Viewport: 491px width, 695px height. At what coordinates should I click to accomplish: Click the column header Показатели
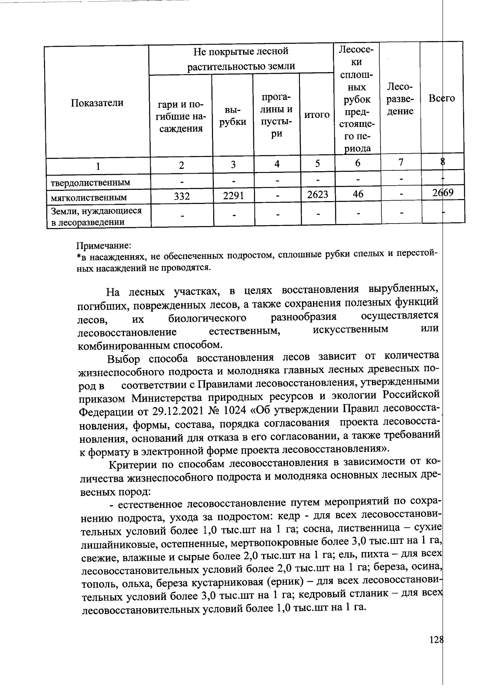97,102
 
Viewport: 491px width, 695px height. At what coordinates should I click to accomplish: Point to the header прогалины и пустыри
277,116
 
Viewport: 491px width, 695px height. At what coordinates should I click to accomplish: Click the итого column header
317,115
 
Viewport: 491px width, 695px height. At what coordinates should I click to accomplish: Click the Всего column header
441,98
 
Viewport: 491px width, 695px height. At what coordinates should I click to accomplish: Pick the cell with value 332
181,196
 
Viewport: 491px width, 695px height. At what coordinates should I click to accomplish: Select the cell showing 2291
233,196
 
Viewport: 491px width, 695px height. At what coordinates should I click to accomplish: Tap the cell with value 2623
318,195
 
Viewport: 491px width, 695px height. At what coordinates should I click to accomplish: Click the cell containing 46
358,194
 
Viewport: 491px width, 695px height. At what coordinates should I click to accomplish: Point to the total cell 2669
443,192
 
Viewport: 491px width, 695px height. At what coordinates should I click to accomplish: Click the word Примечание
104,246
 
